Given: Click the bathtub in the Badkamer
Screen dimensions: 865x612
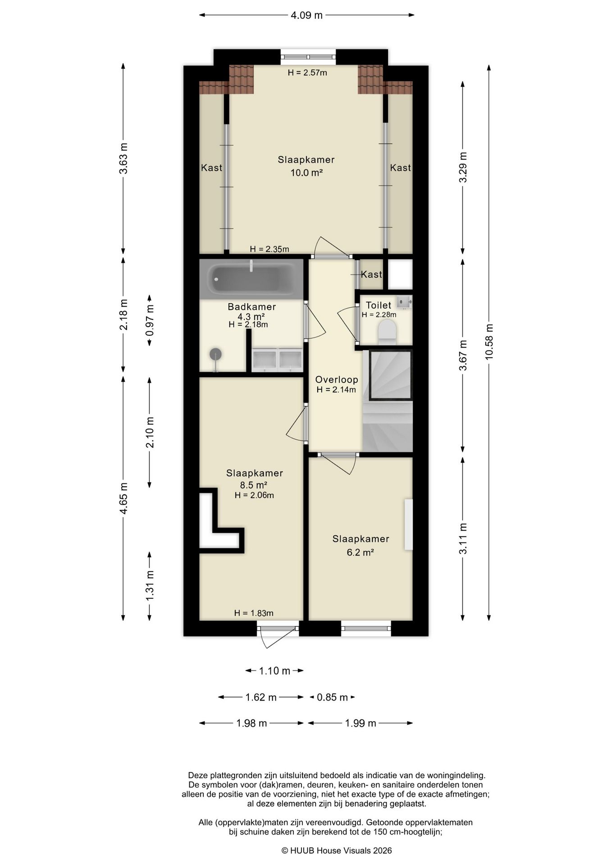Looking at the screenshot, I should point(251,279).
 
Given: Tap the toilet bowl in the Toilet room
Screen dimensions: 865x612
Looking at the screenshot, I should point(387,331).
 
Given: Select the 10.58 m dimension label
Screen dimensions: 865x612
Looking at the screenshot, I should point(489,341).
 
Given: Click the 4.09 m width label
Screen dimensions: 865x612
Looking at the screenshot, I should point(306,15).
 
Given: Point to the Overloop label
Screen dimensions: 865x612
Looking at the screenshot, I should point(336,380).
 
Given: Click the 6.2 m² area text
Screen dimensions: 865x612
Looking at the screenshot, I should point(360,552).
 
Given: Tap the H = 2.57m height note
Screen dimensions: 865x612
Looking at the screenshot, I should point(307,73).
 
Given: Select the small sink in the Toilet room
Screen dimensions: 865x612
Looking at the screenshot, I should point(404,301).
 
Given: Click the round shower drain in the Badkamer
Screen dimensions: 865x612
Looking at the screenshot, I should point(216,354).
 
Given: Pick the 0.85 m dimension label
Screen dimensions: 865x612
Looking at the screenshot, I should point(332,697).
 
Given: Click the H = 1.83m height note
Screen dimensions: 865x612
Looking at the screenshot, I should point(254,613).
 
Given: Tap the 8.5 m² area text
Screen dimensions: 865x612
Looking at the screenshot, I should point(254,485).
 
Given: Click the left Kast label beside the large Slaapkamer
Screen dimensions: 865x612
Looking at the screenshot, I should point(211,168).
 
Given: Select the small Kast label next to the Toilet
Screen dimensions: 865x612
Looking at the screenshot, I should point(371,274).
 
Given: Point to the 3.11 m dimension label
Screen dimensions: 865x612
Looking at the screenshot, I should point(463,539).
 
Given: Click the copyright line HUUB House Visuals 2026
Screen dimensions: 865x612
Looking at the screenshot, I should point(336,851).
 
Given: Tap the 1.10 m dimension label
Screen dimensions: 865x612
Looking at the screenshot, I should point(274,671).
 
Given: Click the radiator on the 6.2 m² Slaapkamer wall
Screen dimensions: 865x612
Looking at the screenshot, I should point(408,524).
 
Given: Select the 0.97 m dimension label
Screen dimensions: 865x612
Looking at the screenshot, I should point(150,320).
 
